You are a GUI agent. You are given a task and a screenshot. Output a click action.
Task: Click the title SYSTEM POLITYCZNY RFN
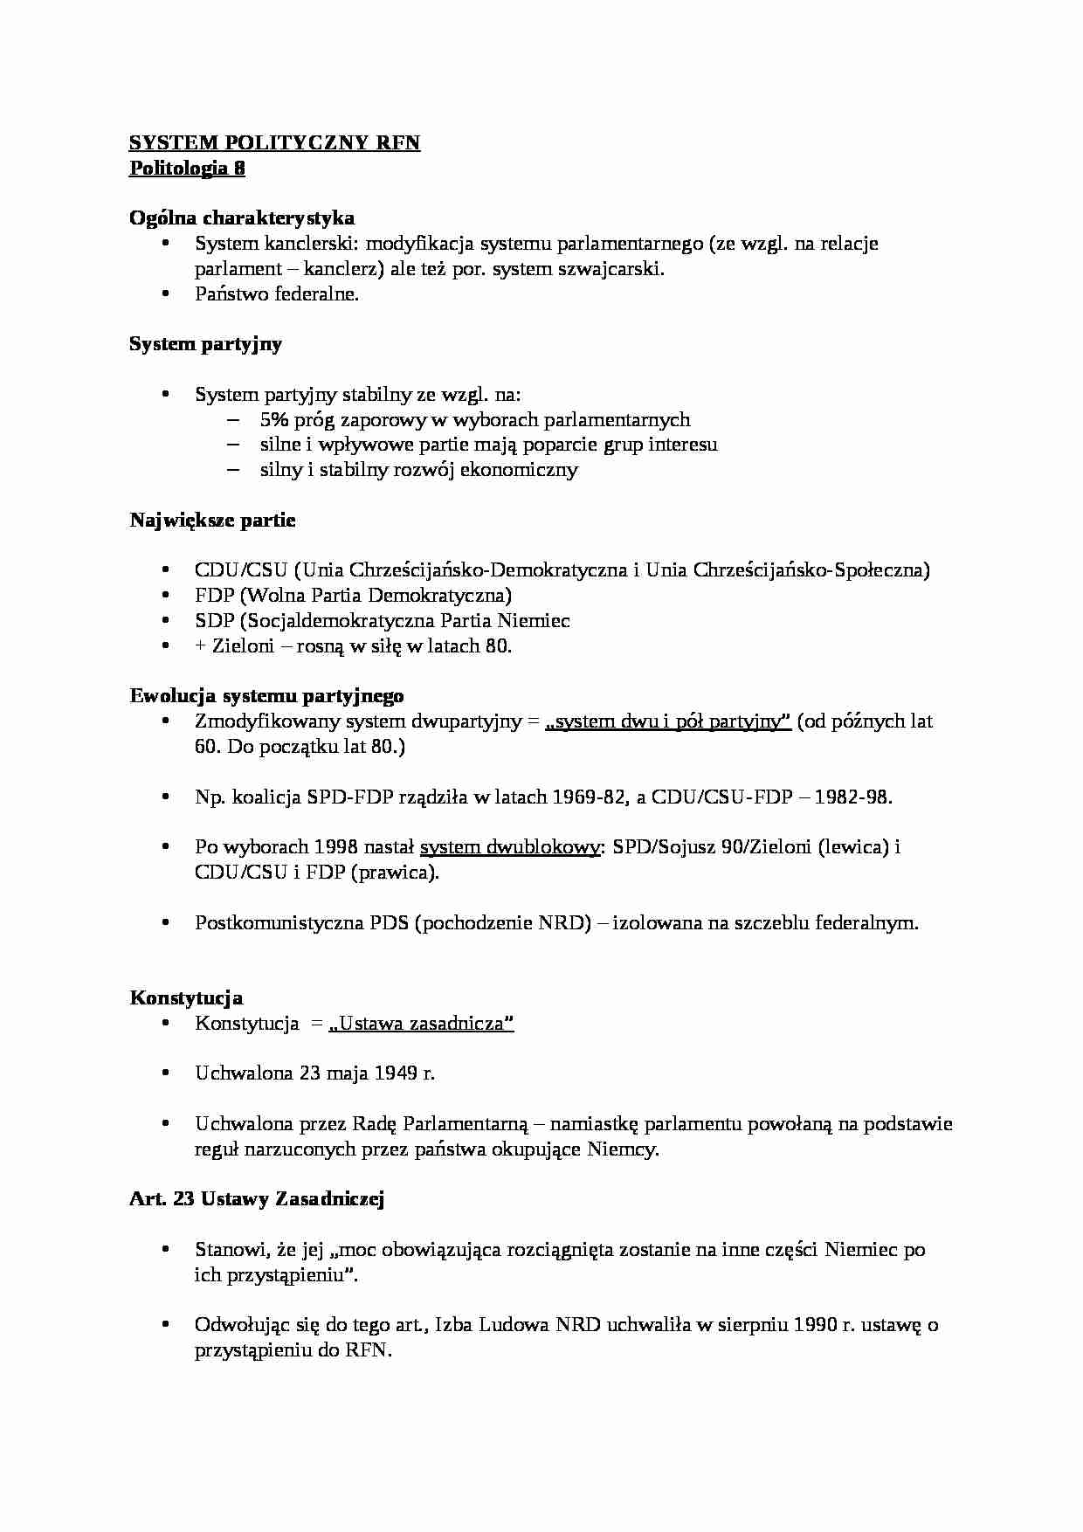point(274,143)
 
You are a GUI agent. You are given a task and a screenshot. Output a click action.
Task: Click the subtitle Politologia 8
point(187,169)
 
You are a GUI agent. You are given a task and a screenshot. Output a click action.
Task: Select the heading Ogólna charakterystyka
point(242,218)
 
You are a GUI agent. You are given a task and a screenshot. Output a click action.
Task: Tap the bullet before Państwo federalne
point(165,294)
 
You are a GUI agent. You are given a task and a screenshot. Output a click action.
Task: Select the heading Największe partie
point(212,521)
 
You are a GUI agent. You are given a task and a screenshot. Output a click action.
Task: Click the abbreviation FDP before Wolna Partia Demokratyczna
point(215,596)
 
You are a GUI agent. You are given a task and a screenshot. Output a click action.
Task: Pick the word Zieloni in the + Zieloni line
point(240,646)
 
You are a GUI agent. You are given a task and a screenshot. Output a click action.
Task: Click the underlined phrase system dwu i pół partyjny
point(668,722)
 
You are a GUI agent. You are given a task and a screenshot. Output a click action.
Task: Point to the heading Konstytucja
point(186,998)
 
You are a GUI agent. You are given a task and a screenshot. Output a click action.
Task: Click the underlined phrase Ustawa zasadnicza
point(421,1024)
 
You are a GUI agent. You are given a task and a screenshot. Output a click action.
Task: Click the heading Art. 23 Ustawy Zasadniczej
point(257,1199)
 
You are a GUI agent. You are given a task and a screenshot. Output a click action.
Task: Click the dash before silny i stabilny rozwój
point(232,470)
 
